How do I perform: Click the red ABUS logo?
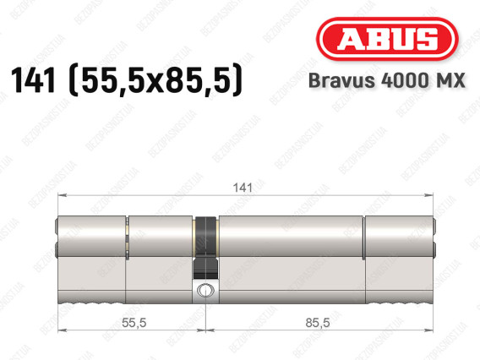(387, 39)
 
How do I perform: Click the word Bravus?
(341, 80)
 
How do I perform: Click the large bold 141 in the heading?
(33, 80)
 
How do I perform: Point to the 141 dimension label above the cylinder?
(243, 188)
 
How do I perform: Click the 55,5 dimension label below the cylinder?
(134, 323)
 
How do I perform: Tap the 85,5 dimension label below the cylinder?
(318, 323)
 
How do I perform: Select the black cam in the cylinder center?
(205, 248)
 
